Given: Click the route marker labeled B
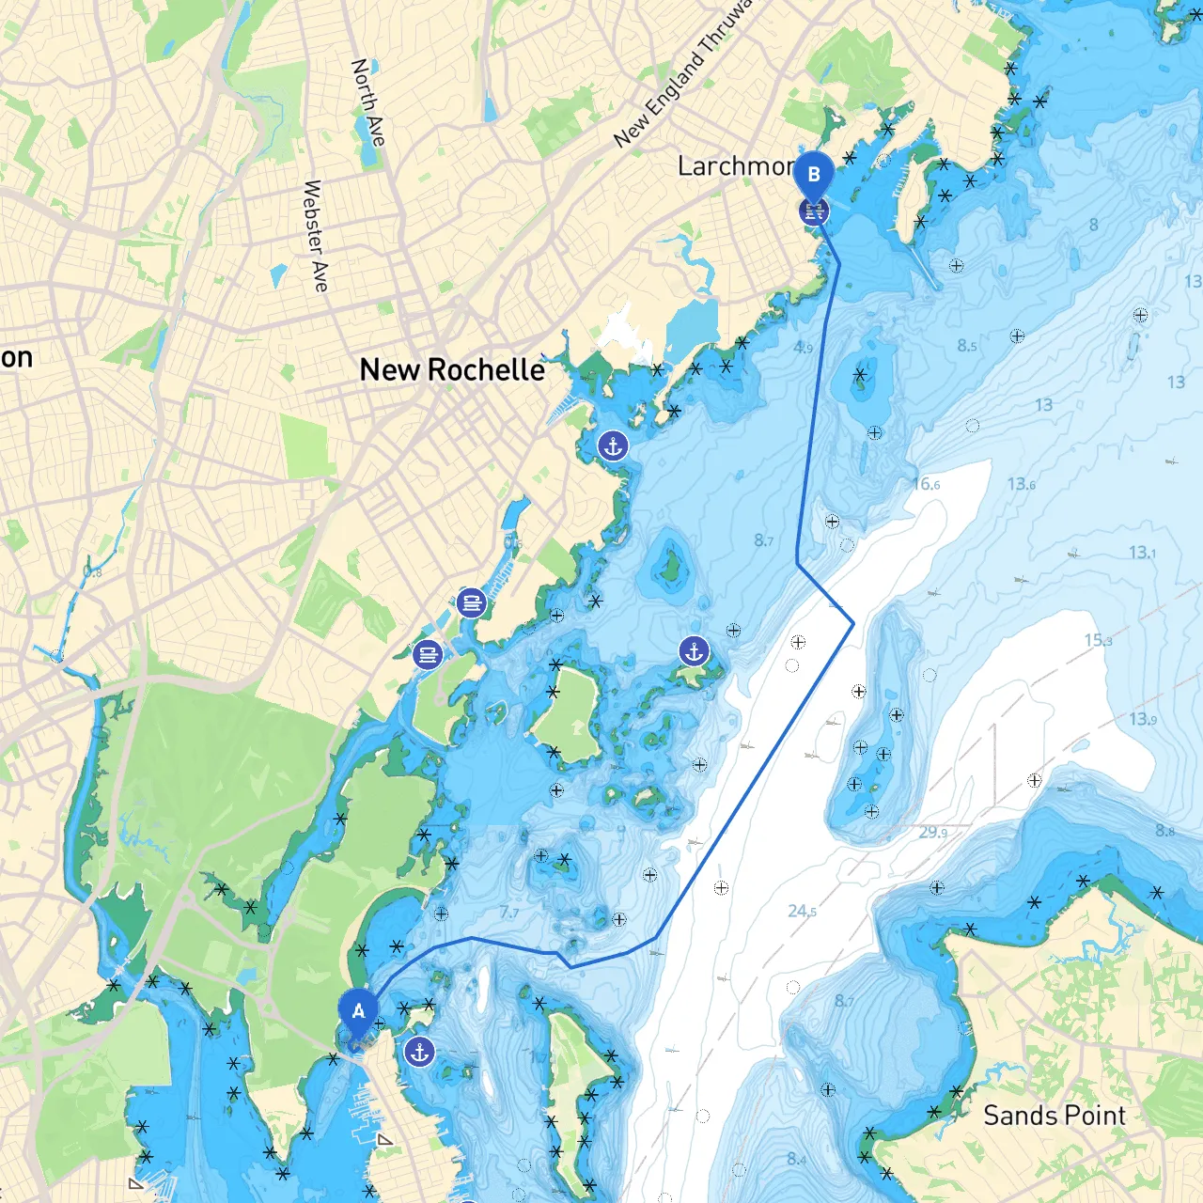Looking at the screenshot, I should [814, 175].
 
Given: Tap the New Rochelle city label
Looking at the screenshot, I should [452, 370].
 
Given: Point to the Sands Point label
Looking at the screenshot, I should [1054, 1116].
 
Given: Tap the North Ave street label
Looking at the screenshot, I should [367, 102].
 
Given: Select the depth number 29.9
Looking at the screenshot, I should [932, 832].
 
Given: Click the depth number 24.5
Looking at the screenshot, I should [802, 911].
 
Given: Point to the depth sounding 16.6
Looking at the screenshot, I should [926, 484].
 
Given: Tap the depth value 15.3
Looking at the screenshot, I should [1098, 640].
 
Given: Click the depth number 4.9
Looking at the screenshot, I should [803, 347].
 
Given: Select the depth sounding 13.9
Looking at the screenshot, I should [1143, 719].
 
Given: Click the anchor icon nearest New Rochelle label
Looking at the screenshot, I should [613, 446].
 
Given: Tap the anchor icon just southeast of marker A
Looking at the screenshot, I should [419, 1052].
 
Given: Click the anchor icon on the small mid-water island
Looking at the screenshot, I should [694, 650].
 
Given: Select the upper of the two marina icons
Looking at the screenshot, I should [471, 602].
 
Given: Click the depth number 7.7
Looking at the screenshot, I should [508, 912].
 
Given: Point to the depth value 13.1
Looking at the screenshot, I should [1142, 553].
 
